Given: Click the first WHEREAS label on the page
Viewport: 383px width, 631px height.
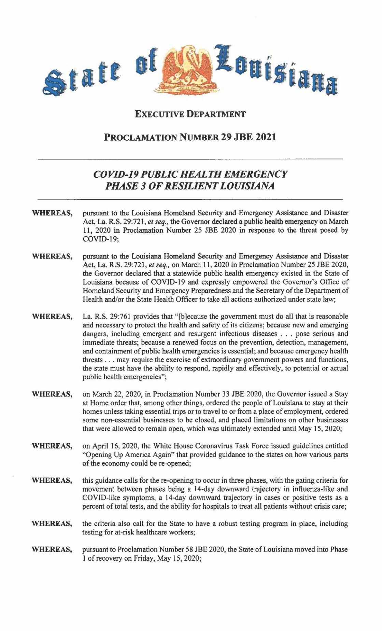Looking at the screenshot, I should click(x=52, y=213).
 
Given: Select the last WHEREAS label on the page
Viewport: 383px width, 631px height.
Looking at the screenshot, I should click(x=52, y=549).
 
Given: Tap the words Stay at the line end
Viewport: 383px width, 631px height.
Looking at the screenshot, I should click(x=341, y=394).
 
